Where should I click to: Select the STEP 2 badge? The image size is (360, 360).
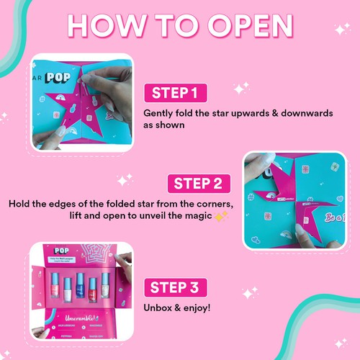click(x=197, y=184)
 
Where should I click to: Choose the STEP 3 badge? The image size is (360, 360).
click(x=176, y=289)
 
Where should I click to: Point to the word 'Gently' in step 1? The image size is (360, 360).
click(x=159, y=113)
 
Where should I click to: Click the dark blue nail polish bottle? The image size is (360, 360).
click(x=81, y=287)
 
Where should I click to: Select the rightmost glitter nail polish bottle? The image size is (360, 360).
click(x=105, y=287)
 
